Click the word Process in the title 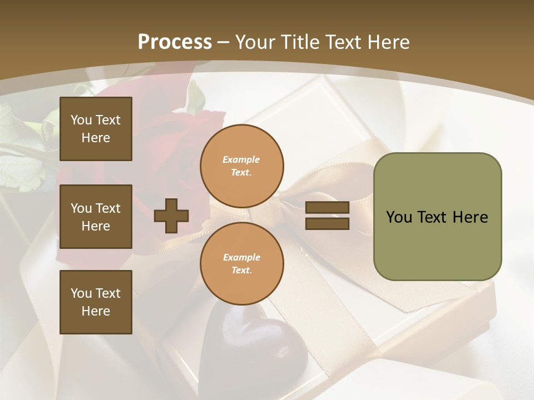coord(175,42)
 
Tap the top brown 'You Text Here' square coord(96,129)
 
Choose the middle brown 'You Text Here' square coord(96,217)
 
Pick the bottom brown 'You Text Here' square coord(96,302)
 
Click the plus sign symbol coord(171,216)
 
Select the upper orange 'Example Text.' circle coord(242,166)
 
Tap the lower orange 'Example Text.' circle coord(242,264)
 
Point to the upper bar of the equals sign coord(327,208)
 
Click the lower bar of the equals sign coord(327,223)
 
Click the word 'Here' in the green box coord(470,217)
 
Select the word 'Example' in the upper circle coord(241,160)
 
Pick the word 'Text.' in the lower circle coord(241,271)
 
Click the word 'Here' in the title coord(388,42)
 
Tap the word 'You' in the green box coord(399,217)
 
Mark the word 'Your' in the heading coord(255,42)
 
